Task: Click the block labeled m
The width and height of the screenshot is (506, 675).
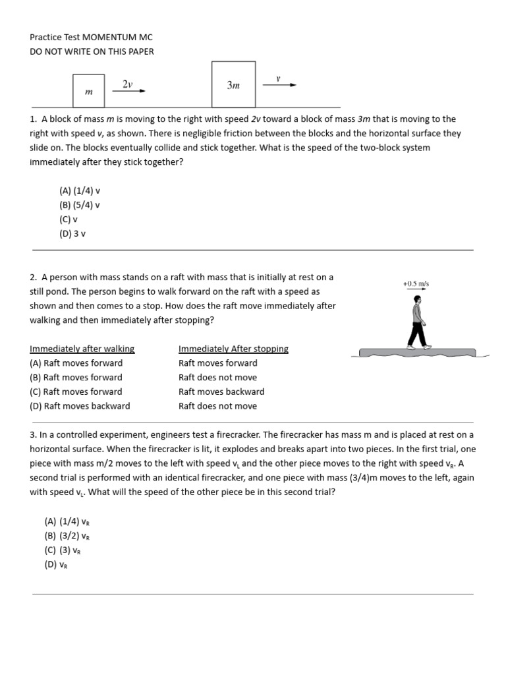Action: (89, 91)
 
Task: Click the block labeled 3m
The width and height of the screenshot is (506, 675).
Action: (233, 84)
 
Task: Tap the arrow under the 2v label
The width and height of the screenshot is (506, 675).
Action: (129, 91)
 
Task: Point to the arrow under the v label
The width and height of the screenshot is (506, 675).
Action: (279, 85)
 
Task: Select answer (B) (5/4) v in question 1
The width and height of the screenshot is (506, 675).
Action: (80, 205)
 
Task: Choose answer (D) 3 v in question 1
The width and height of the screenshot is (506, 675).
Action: (72, 234)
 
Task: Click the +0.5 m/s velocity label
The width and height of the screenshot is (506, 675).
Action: (416, 283)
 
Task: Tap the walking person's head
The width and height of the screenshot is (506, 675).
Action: (418, 300)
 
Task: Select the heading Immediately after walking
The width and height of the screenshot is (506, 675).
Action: (82, 349)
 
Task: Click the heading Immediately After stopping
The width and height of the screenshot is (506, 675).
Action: (233, 349)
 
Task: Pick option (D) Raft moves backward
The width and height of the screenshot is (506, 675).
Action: (80, 406)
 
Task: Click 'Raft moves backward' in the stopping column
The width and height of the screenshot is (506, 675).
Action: (221, 392)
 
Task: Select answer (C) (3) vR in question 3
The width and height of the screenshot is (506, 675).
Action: (63, 550)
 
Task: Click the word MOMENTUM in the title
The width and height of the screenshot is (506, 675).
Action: (108, 38)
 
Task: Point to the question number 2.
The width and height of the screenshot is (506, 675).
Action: (33, 278)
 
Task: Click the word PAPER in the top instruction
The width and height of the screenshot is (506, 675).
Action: (142, 51)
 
